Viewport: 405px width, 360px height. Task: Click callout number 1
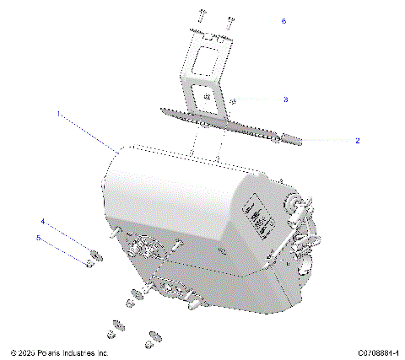click(x=58, y=112)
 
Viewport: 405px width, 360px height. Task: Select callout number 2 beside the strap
click(x=357, y=141)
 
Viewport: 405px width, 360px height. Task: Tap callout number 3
click(x=285, y=99)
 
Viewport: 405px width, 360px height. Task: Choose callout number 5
click(x=37, y=238)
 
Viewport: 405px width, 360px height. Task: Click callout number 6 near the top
click(x=283, y=21)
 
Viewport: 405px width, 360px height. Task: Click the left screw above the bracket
click(x=203, y=15)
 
